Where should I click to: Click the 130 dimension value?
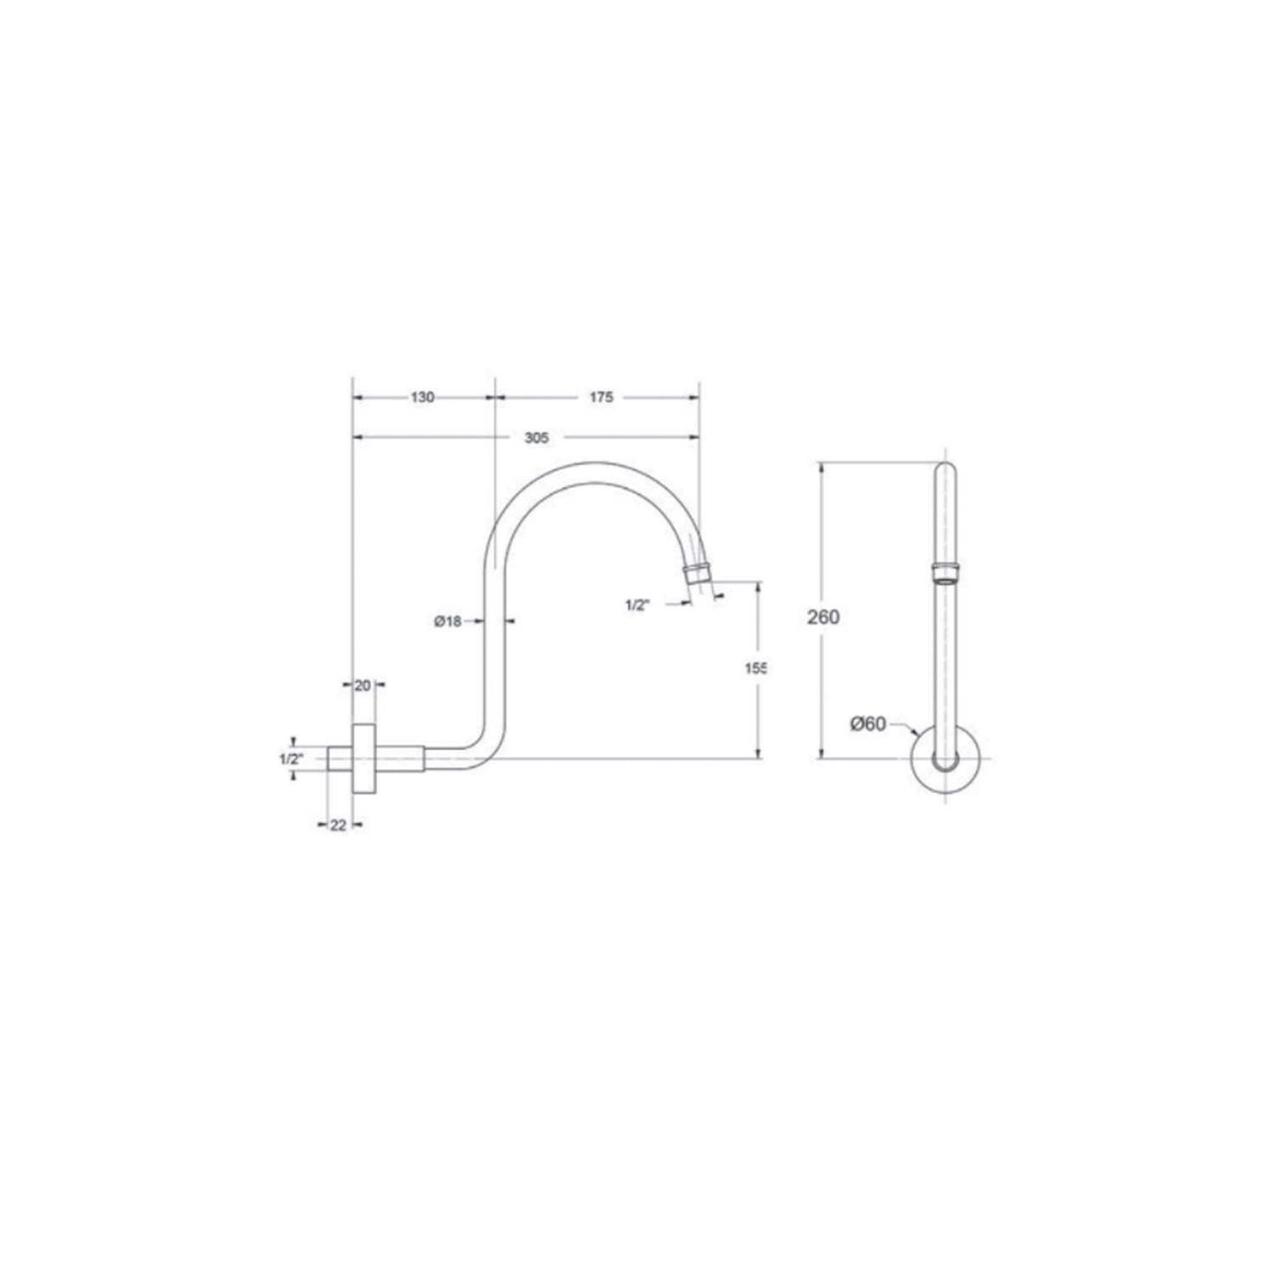[423, 397]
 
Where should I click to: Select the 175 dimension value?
[600, 397]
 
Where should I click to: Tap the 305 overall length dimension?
[537, 438]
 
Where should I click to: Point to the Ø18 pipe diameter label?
[447, 621]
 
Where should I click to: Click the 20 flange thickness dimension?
[363, 686]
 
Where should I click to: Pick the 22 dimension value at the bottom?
[337, 824]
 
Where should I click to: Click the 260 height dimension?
[823, 616]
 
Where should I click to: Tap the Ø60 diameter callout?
[868, 723]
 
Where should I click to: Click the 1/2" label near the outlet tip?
[637, 605]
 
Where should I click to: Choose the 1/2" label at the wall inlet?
[290, 758]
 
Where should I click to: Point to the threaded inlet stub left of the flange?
[340, 758]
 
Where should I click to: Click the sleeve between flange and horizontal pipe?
[400, 758]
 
